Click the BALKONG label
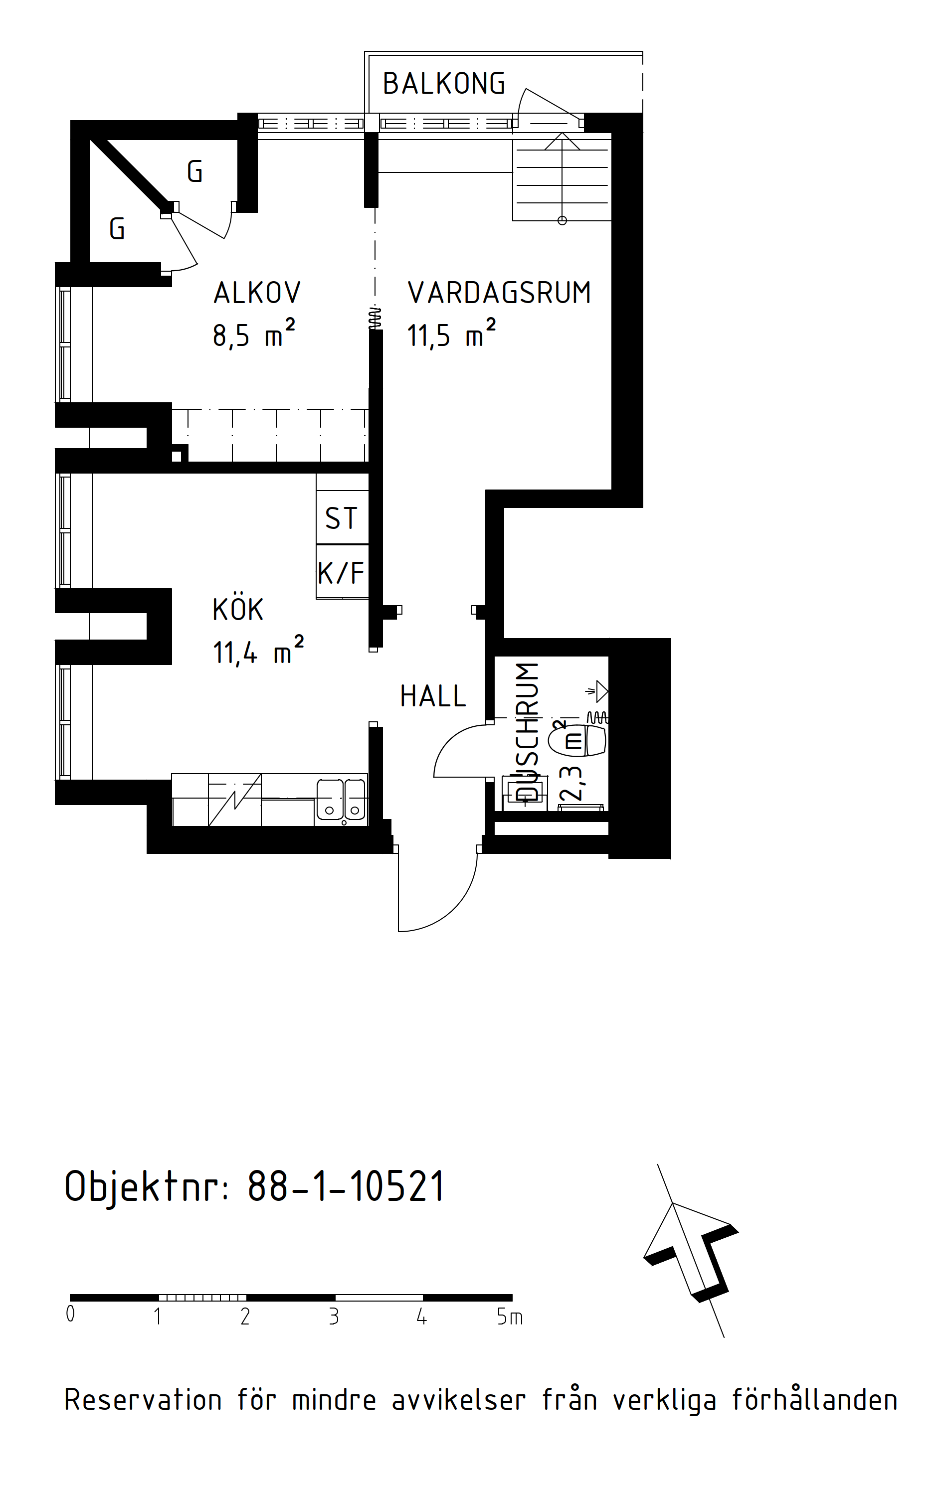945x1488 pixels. pos(444,83)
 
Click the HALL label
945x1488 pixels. pos(433,696)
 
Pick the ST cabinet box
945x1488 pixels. pos(342,518)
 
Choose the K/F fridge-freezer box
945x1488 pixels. pos(342,572)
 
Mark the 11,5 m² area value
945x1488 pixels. pos(451,333)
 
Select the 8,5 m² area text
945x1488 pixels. pos(254,333)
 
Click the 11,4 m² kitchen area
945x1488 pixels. pos(258,651)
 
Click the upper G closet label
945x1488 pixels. pos(194,172)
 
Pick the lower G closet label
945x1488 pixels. pos(117,229)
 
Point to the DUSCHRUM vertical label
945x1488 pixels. pos(527,732)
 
